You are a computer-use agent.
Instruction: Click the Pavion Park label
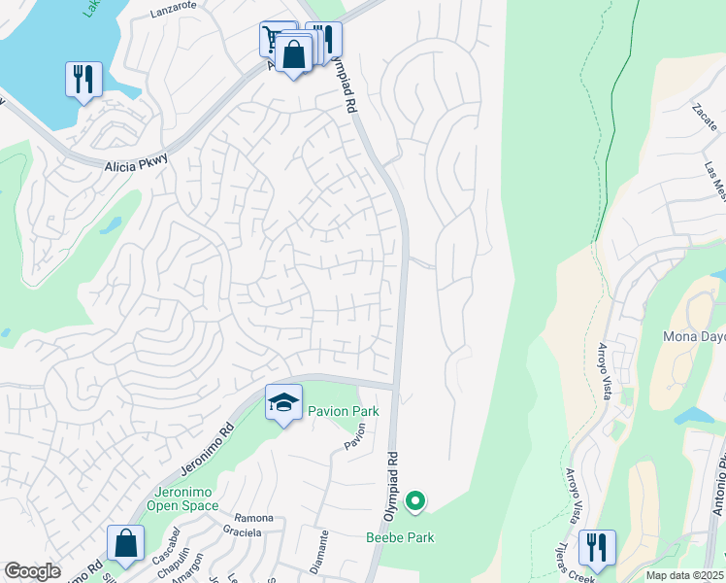[x=344, y=411]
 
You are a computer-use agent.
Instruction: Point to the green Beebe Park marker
[x=415, y=502]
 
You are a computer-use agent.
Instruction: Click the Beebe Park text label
[x=400, y=536]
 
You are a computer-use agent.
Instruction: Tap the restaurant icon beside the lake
[x=84, y=80]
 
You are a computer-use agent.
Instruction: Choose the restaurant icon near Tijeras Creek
[x=597, y=548]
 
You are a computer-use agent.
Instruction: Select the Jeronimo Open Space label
[x=183, y=497]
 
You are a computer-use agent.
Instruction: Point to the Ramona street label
[x=252, y=518]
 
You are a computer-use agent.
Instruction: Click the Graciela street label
[x=242, y=532]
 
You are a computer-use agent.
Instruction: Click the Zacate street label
[x=703, y=119]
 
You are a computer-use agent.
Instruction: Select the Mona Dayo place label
[x=693, y=337]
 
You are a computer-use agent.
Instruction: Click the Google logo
[x=32, y=571]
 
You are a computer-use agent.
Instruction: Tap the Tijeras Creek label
[x=575, y=573]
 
